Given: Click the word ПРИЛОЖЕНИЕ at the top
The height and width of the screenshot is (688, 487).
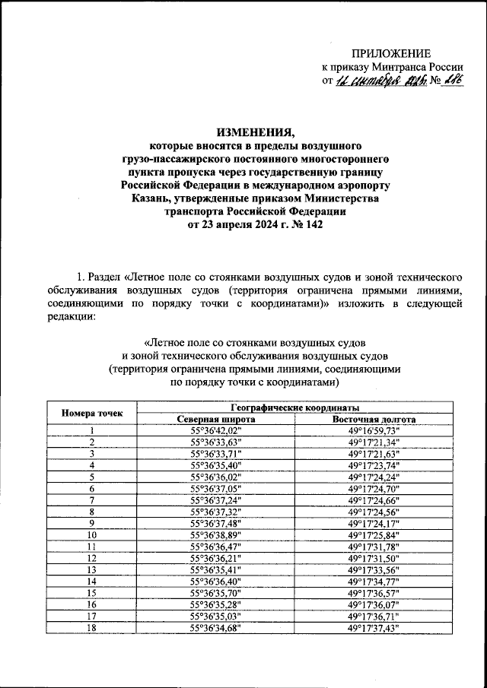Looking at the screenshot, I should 390,52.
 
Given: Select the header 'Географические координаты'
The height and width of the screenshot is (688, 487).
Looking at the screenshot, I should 298,407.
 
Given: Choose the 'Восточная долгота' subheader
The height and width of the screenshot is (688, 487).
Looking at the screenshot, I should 374,419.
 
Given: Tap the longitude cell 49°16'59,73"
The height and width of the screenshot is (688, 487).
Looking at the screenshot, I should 374,430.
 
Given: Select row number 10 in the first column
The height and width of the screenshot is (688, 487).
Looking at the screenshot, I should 91,534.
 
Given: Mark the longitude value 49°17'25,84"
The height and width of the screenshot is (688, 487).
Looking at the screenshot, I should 374,534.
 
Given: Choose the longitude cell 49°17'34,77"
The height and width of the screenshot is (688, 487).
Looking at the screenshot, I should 374,581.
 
